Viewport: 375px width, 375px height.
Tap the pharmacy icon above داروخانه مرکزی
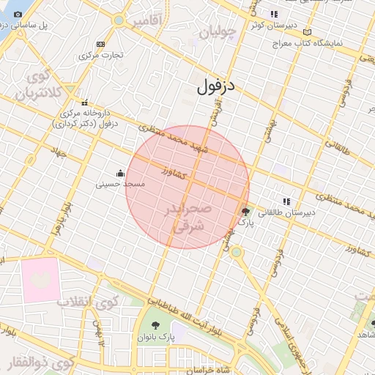pos(86,103)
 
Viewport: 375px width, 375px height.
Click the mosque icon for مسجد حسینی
pos(120,174)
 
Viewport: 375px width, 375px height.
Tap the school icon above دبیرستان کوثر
pos(274,14)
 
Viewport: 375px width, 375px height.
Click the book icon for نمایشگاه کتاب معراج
pos(307,32)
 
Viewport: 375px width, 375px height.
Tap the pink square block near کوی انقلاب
pos(40,279)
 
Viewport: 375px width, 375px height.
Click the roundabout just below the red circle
pos(236,253)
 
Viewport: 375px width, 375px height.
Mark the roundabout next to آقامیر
pos(119,21)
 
